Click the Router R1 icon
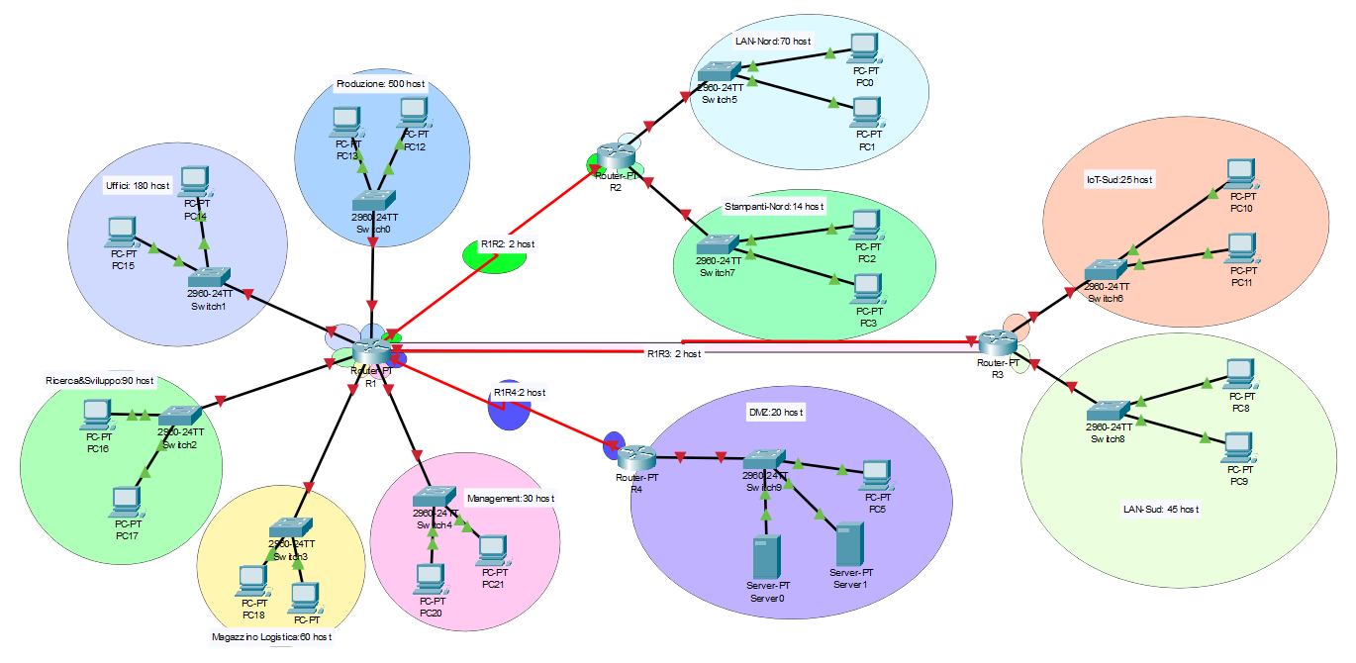[x=372, y=350]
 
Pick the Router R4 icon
[x=637, y=457]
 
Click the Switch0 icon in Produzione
[x=376, y=200]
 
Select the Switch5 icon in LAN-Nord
[x=718, y=71]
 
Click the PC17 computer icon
[x=126, y=502]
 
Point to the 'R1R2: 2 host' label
[x=508, y=243]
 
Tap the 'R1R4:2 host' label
[x=520, y=393]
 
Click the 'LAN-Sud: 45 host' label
[x=1160, y=509]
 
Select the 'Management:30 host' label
[x=510, y=499]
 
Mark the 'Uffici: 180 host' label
[x=138, y=185]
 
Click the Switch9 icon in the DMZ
[x=763, y=459]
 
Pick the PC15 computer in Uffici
[x=123, y=232]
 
